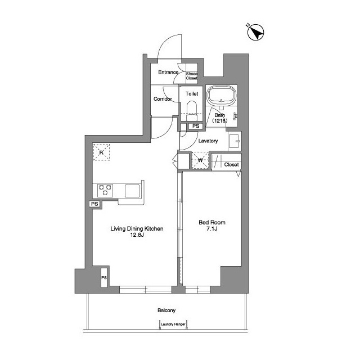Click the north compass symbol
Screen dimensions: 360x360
coord(255,32)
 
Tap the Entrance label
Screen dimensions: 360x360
coord(168,72)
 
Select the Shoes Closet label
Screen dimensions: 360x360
coord(191,76)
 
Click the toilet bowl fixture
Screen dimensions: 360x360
coord(192,111)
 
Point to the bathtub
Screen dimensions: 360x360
coord(221,96)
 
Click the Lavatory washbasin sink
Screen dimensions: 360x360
coord(235,141)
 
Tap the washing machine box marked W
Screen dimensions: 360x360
coord(200,160)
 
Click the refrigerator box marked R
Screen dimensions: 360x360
coord(101,152)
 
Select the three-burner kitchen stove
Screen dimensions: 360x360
coord(105,190)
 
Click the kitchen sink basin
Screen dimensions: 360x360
coord(132,191)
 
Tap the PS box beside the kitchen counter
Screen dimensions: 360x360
coord(94,204)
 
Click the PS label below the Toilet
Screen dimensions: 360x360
coord(196,126)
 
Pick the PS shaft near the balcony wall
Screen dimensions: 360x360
coord(104,277)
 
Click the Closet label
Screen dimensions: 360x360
coord(231,165)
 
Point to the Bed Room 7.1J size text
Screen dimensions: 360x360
coord(212,228)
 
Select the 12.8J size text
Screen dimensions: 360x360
coord(137,235)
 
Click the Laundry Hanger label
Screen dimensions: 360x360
coord(173,325)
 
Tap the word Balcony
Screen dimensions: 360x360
coord(166,310)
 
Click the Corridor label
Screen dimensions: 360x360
coord(163,99)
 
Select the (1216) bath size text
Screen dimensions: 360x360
coord(219,120)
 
